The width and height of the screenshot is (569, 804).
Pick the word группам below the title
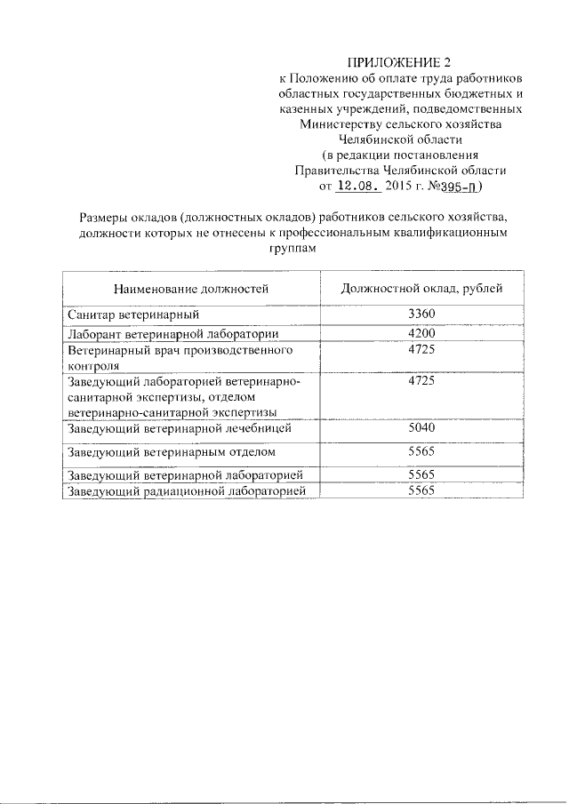point(293,251)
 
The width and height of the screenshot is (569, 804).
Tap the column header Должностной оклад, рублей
point(421,288)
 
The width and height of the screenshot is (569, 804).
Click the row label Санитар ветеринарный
point(133,315)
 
